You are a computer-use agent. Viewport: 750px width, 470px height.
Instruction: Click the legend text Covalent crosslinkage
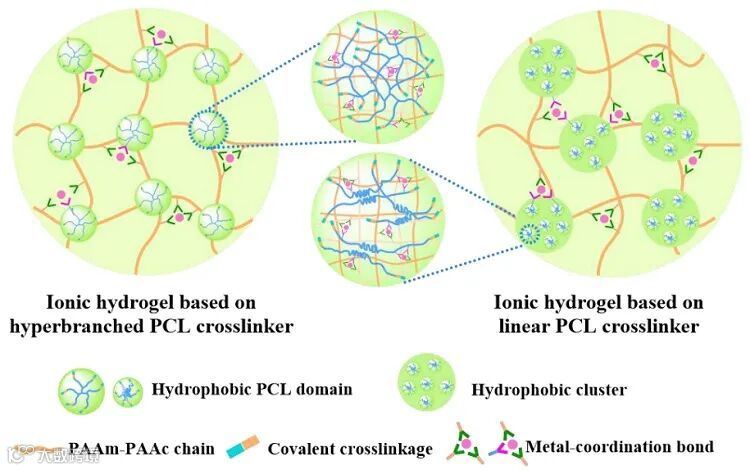(x=350, y=449)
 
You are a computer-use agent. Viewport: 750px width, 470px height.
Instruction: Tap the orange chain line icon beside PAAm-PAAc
(x=40, y=449)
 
